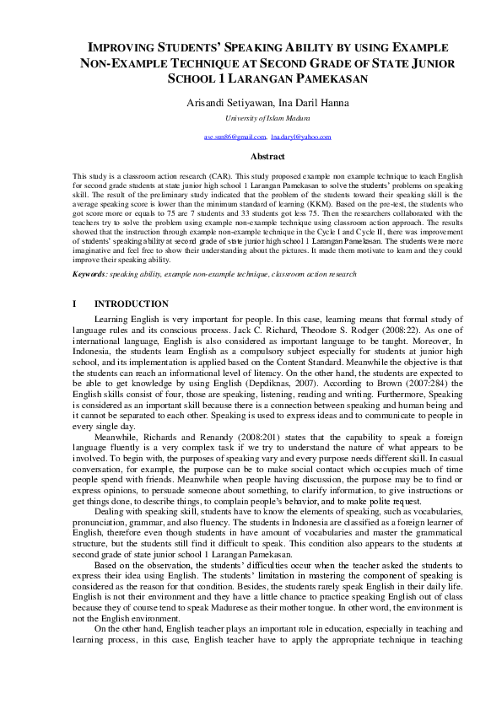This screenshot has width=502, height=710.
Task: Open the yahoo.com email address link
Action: tap(301, 137)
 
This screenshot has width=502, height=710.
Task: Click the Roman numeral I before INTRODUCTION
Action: tap(74, 304)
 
